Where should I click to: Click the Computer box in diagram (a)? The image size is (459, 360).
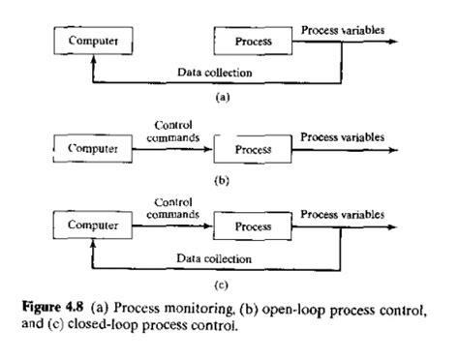92,43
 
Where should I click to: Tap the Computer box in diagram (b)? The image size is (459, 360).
92,150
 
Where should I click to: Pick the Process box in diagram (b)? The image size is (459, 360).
250,150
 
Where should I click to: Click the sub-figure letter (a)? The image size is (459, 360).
227,98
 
